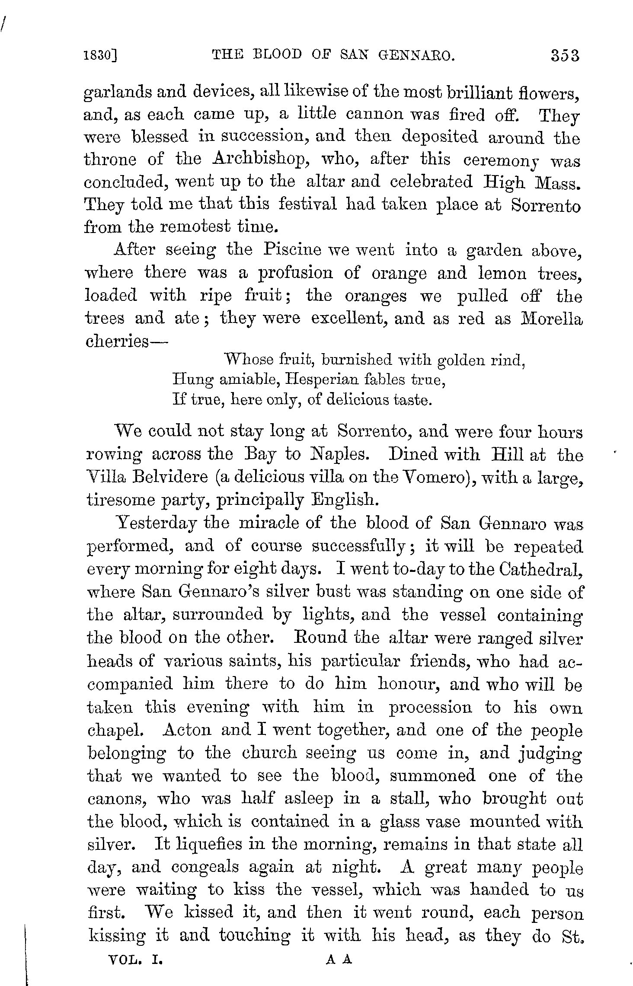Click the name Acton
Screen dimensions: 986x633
point(187,730)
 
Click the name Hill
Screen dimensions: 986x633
point(510,455)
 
